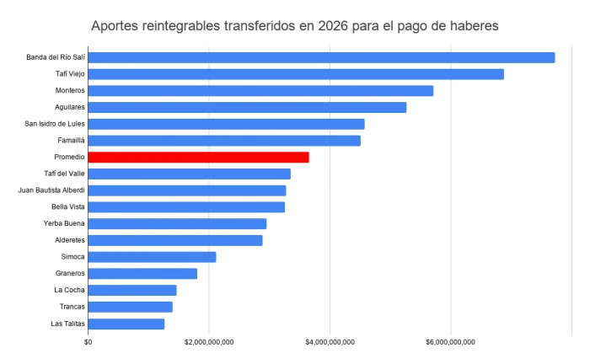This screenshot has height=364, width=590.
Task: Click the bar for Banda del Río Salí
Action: [x=321, y=57]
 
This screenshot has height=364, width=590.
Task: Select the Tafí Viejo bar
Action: [x=296, y=74]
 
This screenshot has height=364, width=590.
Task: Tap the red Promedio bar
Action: [x=198, y=158]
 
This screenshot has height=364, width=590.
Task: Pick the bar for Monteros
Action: [x=260, y=91]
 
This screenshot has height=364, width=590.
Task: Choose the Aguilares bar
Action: [x=247, y=107]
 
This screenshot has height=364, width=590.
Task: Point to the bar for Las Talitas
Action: [x=126, y=324]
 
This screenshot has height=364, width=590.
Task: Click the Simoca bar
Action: [x=152, y=257]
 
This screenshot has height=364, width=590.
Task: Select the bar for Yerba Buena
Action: [x=177, y=223]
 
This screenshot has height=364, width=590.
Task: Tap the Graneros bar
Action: [x=142, y=274]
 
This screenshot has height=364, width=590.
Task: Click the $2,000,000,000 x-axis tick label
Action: [x=209, y=341]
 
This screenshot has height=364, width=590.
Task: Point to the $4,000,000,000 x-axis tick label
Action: [x=330, y=341]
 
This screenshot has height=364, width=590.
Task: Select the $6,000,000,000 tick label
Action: [x=451, y=341]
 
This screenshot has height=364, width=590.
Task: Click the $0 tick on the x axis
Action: [x=88, y=341]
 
